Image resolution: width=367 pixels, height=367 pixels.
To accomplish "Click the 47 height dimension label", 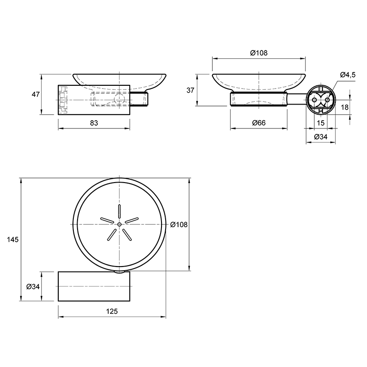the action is point(36,95).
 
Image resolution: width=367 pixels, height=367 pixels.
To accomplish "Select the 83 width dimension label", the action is point(94,123).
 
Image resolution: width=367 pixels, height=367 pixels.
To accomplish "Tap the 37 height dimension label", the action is point(190,90).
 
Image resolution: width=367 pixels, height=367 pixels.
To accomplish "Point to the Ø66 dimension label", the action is point(259,122).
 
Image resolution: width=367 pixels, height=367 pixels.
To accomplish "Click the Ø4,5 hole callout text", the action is point(348,75).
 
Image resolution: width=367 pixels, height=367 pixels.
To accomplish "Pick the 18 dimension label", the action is point(345,107).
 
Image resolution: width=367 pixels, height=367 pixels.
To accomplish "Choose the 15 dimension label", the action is point(320,123).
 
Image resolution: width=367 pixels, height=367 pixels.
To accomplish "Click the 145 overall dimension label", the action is point(13,239).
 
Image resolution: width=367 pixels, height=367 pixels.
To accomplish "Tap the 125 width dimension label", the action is point(112,311).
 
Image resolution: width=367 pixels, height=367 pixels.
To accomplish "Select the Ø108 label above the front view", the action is point(259,53).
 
